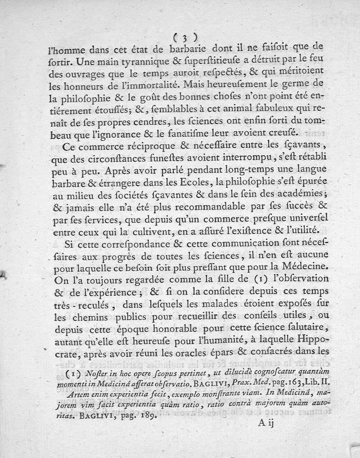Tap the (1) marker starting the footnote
[x=71, y=373]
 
